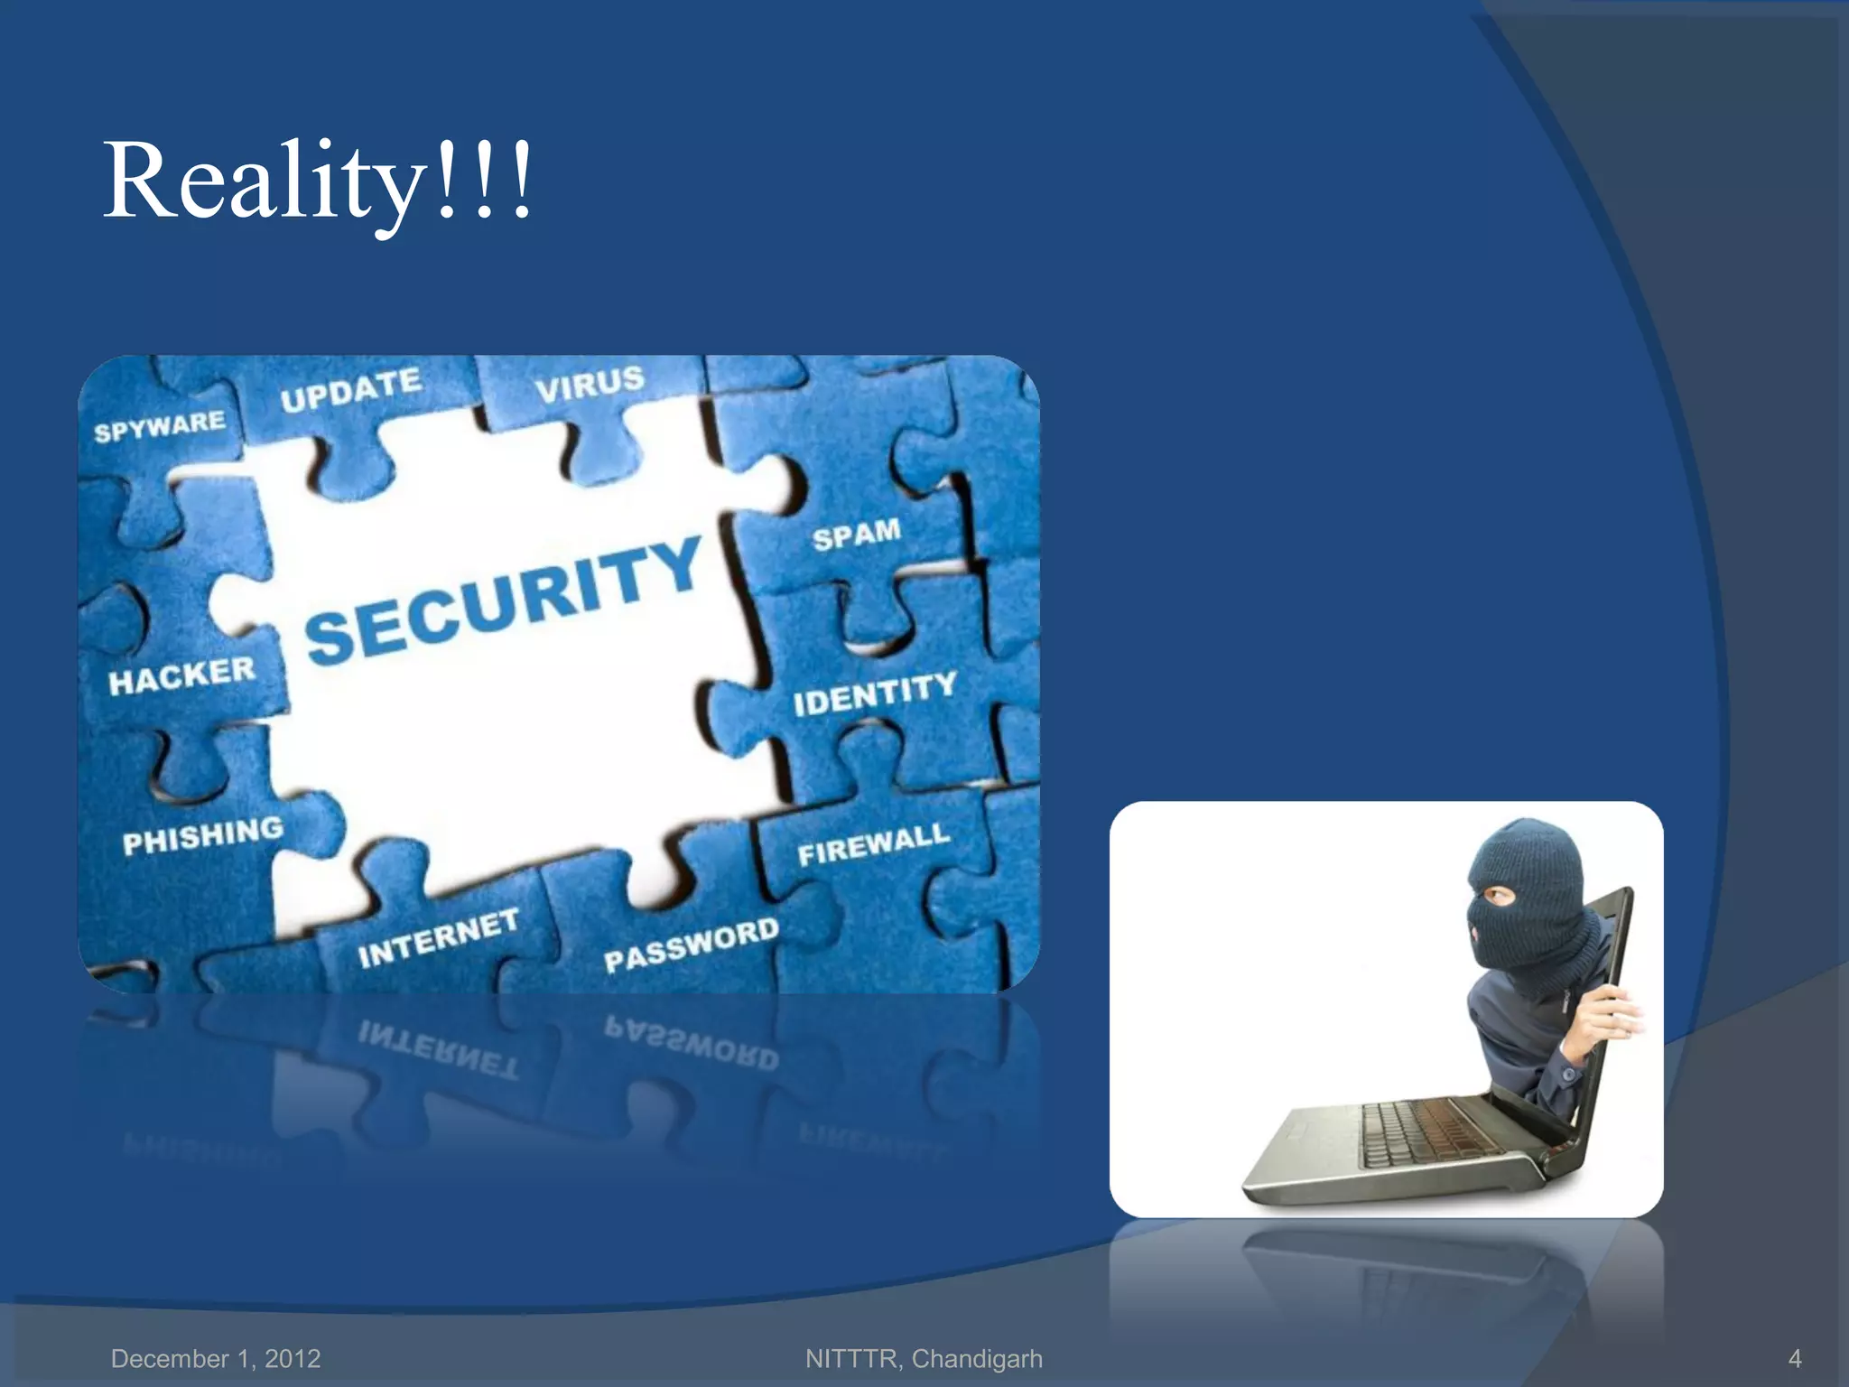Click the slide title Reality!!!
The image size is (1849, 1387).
(319, 181)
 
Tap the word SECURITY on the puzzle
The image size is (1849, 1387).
(503, 600)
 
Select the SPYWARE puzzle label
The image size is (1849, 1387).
(160, 425)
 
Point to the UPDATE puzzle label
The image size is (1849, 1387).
(350, 389)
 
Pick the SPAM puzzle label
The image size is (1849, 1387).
(856, 534)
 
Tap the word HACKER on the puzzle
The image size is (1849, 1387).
(181, 675)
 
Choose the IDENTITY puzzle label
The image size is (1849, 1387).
(874, 693)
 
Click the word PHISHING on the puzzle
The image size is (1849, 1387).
(203, 835)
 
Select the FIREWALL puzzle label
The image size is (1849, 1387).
(873, 844)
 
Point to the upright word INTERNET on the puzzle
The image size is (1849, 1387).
(438, 938)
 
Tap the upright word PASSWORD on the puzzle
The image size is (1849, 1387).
(691, 945)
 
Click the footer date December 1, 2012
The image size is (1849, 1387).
(216, 1358)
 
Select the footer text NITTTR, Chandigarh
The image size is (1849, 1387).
(924, 1358)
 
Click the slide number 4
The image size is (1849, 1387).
(1795, 1358)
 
